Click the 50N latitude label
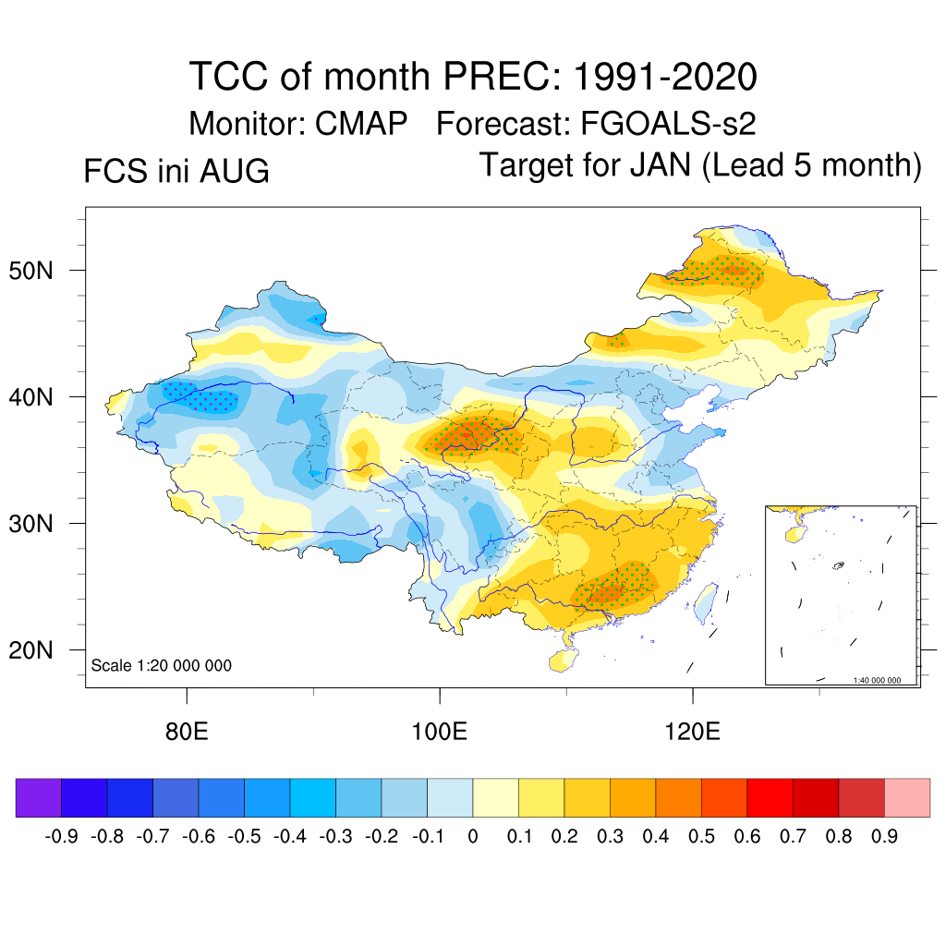(30, 271)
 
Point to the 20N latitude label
(30, 650)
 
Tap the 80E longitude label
(187, 732)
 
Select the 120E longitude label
(693, 732)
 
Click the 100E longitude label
(439, 732)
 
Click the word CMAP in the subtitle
(361, 124)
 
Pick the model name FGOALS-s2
(668, 124)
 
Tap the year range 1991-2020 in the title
(664, 77)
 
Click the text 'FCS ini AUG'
(176, 171)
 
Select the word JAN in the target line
(661, 164)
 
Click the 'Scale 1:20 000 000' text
(161, 665)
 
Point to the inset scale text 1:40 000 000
(877, 680)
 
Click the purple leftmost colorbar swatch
(39, 797)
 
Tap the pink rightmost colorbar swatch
(907, 797)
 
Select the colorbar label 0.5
(701, 836)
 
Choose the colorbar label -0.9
(62, 836)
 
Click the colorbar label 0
(473, 836)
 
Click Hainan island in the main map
(564, 660)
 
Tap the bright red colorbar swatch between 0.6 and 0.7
(770, 797)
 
